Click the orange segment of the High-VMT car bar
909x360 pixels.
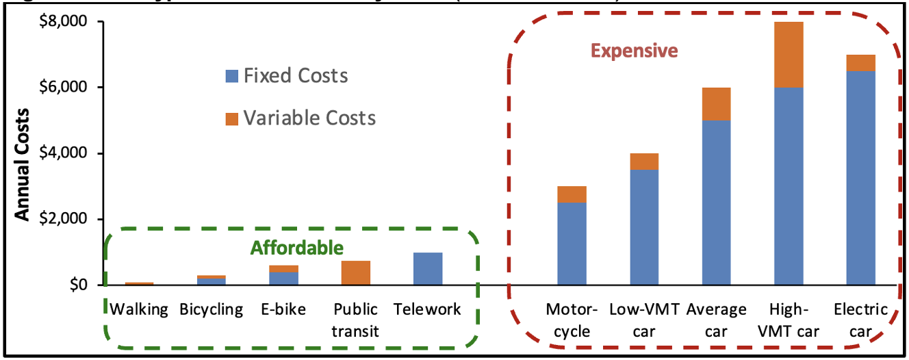point(789,55)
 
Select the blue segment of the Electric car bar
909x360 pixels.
point(861,178)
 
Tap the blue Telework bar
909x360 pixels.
point(428,268)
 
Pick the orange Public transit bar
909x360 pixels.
point(355,272)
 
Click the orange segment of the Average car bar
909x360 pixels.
point(716,104)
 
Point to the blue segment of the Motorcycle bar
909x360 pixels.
point(572,243)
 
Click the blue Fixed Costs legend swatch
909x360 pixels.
point(231,75)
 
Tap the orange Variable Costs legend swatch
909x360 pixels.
point(231,118)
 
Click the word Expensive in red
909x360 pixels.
point(634,51)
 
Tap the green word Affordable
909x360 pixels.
point(296,247)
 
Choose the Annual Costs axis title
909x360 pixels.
point(23,165)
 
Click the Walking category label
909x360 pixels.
point(139,309)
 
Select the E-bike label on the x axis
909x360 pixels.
point(283,309)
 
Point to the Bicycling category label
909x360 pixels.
point(212,309)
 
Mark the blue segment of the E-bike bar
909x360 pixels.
point(283,278)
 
